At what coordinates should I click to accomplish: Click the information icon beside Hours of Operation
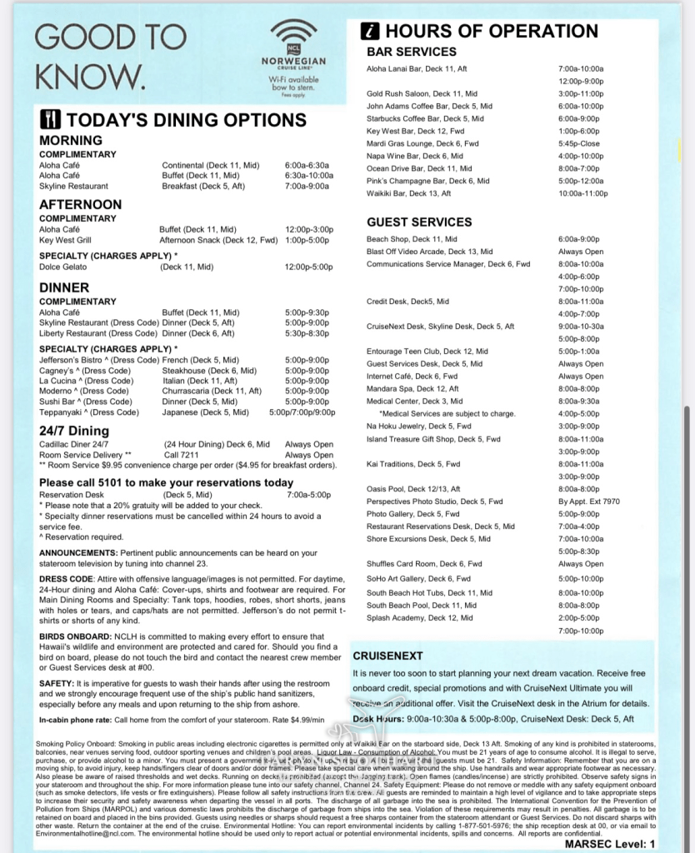click(371, 32)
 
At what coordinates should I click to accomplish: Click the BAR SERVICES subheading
click(412, 52)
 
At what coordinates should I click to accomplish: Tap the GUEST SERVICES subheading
click(419, 222)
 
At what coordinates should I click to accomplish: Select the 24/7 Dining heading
click(74, 431)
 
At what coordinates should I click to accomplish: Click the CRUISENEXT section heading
click(387, 656)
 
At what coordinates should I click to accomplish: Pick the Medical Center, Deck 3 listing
click(414, 402)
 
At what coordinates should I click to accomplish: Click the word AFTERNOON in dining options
click(80, 204)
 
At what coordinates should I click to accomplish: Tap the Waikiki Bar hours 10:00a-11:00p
click(583, 193)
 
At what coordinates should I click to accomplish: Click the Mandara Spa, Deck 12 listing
click(412, 389)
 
